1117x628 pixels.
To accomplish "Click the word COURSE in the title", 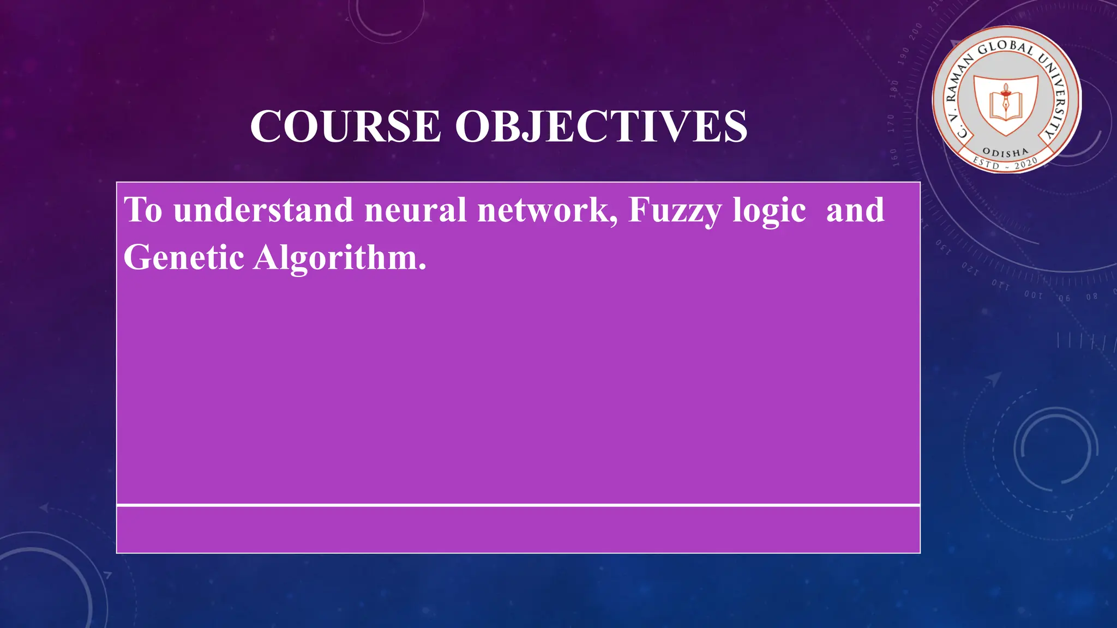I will tap(345, 126).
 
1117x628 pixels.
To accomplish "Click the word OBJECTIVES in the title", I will tap(601, 126).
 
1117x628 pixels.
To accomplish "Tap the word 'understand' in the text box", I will tap(263, 210).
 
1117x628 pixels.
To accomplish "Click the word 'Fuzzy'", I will tap(675, 211).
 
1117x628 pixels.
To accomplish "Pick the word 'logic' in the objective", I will tap(769, 211).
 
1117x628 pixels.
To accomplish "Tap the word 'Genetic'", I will tap(183, 257).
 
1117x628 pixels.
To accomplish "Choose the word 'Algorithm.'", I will tap(340, 258).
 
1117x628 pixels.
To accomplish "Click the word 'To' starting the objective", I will tap(143, 210).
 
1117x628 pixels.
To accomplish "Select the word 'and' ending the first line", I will tap(855, 210).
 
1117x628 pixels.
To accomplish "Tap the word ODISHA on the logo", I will tap(1005, 152).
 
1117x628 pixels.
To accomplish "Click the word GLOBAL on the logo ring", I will tap(1005, 48).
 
